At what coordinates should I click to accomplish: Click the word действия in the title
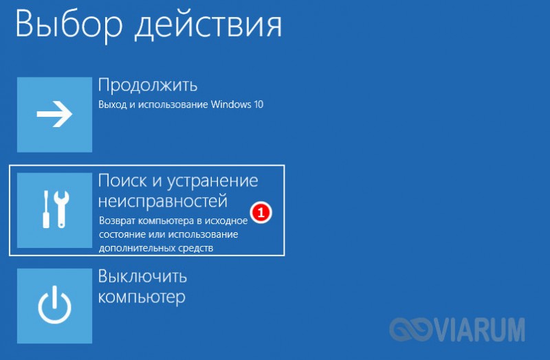coord(208,25)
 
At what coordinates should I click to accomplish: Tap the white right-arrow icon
coord(54,114)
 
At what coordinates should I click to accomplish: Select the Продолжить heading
coord(148,85)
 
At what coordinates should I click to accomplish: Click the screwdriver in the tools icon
coord(46,210)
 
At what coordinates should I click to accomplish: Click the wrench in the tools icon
coord(62,210)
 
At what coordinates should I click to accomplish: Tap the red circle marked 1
coord(261,212)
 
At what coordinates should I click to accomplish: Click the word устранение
coord(212,181)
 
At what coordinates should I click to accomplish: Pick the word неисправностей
coord(163,201)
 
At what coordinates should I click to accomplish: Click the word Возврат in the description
coord(117,221)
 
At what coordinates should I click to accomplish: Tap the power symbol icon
coord(54,304)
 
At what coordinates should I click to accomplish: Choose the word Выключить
coord(142,276)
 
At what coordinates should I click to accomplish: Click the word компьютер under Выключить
coord(142,297)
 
